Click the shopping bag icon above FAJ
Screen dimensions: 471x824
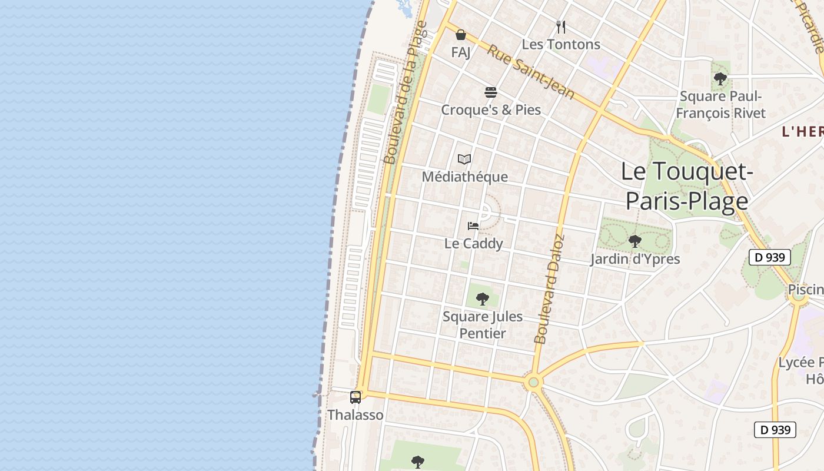tap(461, 35)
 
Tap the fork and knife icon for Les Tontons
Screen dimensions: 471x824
tap(561, 27)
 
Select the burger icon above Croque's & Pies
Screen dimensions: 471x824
tap(491, 92)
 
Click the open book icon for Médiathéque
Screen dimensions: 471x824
tap(464, 159)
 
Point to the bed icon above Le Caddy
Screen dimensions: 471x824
tap(473, 225)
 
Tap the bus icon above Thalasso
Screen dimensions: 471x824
tap(355, 397)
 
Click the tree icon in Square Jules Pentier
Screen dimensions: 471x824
tap(483, 299)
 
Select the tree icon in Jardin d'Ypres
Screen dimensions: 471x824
tap(634, 241)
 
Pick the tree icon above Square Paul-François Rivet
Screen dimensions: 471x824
tap(720, 79)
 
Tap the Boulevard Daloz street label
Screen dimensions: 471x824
tap(549, 289)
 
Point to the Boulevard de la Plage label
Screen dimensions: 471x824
tap(405, 93)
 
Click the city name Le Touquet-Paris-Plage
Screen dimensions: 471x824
tap(687, 186)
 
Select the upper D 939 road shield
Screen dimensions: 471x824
tap(770, 257)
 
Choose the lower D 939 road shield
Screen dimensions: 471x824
tap(775, 430)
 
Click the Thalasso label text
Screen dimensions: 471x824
tap(355, 415)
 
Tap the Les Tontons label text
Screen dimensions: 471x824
tap(561, 45)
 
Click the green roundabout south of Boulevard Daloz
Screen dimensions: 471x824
tap(534, 383)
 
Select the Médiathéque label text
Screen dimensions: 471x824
tap(464, 177)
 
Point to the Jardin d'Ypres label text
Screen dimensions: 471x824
tap(635, 259)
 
